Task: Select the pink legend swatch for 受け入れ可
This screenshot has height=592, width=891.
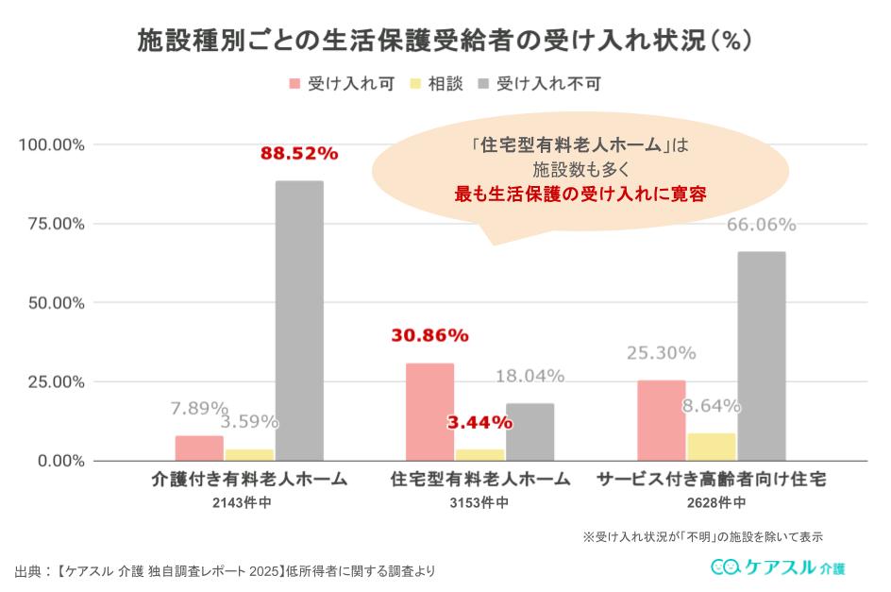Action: tap(294, 83)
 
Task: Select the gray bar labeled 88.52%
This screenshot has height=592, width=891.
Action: tap(299, 321)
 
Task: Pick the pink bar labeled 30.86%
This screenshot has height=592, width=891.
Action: tap(429, 412)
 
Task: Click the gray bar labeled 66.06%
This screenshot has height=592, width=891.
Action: tap(761, 356)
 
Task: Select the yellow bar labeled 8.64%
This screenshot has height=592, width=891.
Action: tap(712, 447)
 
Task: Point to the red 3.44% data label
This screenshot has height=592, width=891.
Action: tap(479, 422)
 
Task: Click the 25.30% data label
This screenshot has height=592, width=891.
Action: tap(661, 353)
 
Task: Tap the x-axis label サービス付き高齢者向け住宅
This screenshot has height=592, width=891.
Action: tap(712, 480)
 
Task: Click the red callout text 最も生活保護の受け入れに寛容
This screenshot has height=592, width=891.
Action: tap(580, 195)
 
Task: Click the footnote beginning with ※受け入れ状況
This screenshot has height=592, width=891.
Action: tap(702, 536)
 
